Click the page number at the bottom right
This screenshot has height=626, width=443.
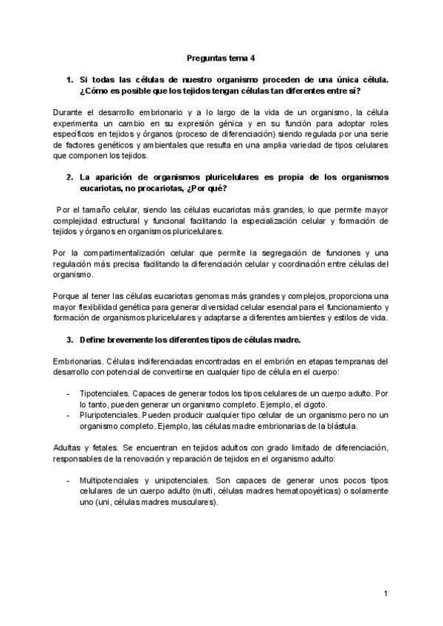tap(385, 594)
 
